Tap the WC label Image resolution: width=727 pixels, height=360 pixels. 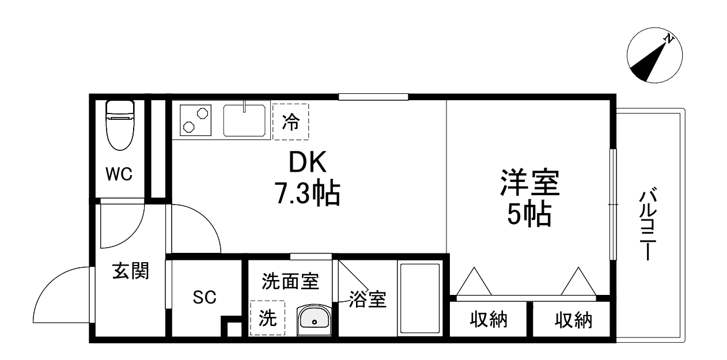tap(119, 173)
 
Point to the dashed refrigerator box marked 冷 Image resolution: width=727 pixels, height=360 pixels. tap(290, 122)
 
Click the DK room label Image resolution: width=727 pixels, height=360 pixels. tap(307, 163)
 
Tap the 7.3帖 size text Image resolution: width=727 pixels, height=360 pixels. tap(307, 194)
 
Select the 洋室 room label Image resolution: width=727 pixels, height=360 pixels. tap(529, 183)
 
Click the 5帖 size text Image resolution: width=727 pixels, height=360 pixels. tap(529, 214)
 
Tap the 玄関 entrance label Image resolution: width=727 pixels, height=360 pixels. tap(131, 270)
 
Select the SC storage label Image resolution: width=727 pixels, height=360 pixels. tap(204, 297)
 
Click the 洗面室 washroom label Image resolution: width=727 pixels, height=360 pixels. tap(290, 281)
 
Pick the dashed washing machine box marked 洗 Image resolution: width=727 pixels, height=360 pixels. tap(267, 317)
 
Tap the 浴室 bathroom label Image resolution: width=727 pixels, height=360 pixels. tap(368, 299)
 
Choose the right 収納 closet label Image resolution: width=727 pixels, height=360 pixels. tap(573, 320)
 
